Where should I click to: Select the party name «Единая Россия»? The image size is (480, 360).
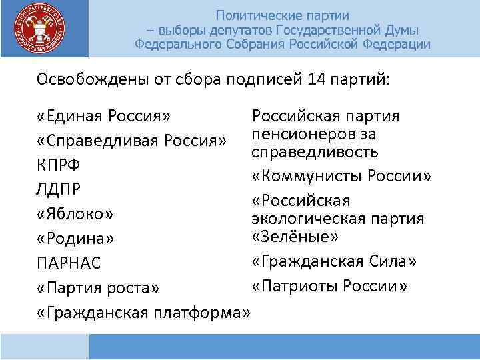click(104, 117)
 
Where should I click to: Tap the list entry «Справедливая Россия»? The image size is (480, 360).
click(133, 141)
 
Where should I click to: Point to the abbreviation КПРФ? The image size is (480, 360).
click(58, 165)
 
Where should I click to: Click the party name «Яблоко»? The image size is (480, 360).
click(76, 214)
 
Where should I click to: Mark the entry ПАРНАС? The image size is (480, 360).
click(69, 263)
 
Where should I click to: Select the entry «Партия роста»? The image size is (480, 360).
click(99, 288)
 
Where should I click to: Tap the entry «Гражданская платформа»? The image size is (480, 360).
click(144, 312)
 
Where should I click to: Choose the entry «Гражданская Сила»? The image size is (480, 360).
click(333, 261)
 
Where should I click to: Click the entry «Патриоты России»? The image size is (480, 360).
click(330, 286)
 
